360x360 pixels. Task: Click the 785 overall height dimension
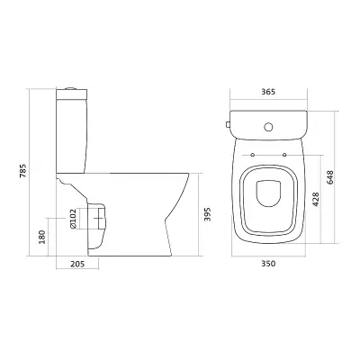[x=23, y=170]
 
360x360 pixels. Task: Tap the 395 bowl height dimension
[x=208, y=214]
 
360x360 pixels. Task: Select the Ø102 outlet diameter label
[x=73, y=219]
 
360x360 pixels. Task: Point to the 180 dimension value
[x=42, y=237]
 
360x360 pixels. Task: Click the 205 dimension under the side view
[x=77, y=264]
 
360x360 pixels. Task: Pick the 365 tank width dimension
[x=268, y=92]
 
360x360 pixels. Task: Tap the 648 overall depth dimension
[x=329, y=177]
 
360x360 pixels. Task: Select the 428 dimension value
[x=315, y=199]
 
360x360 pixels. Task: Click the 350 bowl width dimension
[x=268, y=264]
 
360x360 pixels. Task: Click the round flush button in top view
[x=269, y=127]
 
